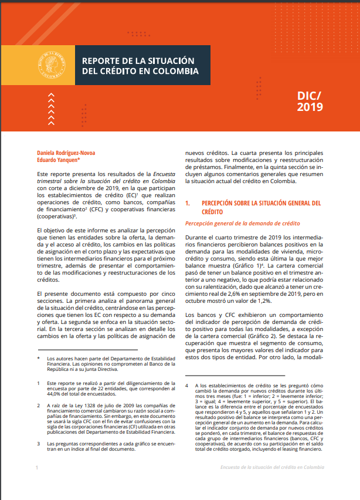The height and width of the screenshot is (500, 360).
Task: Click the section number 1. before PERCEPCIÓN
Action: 188,203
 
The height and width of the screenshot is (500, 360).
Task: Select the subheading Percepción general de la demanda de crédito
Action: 242,224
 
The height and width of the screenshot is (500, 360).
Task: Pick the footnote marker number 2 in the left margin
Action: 38,406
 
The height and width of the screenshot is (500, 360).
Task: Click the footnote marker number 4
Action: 186,386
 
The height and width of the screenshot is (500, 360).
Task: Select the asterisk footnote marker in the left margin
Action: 38,359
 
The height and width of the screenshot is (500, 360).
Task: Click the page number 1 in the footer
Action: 37,467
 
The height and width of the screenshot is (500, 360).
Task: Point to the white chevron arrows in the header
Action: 52,108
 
